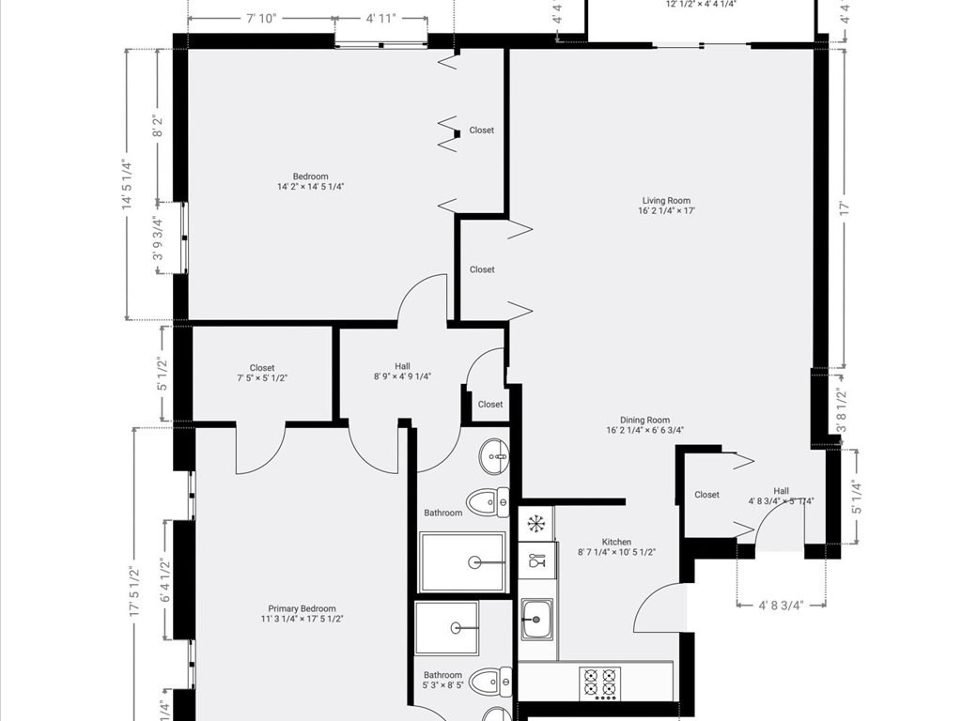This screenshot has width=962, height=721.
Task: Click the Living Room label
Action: point(666,206)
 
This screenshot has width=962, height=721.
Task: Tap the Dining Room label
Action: point(644,425)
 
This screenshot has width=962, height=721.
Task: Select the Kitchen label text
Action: point(616,547)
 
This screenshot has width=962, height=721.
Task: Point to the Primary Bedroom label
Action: point(302,614)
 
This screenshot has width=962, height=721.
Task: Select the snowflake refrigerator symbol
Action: point(536,523)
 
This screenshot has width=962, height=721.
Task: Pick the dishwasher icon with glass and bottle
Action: point(536,560)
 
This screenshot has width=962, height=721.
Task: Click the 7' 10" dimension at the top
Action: point(261,18)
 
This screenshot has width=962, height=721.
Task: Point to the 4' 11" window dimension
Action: point(382,18)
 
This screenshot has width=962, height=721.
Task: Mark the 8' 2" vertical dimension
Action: point(159,125)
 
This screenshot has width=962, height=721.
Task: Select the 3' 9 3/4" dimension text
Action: point(159,238)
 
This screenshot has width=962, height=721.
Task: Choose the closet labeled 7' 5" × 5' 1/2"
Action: point(262,373)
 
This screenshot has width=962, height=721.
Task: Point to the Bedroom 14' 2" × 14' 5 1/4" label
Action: point(310,181)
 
